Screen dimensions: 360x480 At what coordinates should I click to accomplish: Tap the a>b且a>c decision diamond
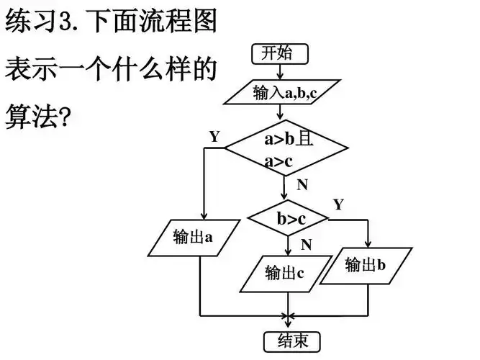(x=286, y=150)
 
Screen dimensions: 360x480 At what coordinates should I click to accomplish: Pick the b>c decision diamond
(x=288, y=217)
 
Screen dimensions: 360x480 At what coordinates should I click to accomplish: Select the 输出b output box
(x=366, y=264)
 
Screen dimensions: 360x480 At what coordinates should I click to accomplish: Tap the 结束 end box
(x=288, y=341)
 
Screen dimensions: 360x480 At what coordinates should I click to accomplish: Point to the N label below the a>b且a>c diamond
(x=302, y=185)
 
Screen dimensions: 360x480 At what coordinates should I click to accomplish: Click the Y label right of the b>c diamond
(x=338, y=204)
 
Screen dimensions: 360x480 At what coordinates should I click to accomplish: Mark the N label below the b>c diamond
(x=307, y=245)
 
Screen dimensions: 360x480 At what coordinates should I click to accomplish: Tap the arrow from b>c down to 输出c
(x=288, y=245)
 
